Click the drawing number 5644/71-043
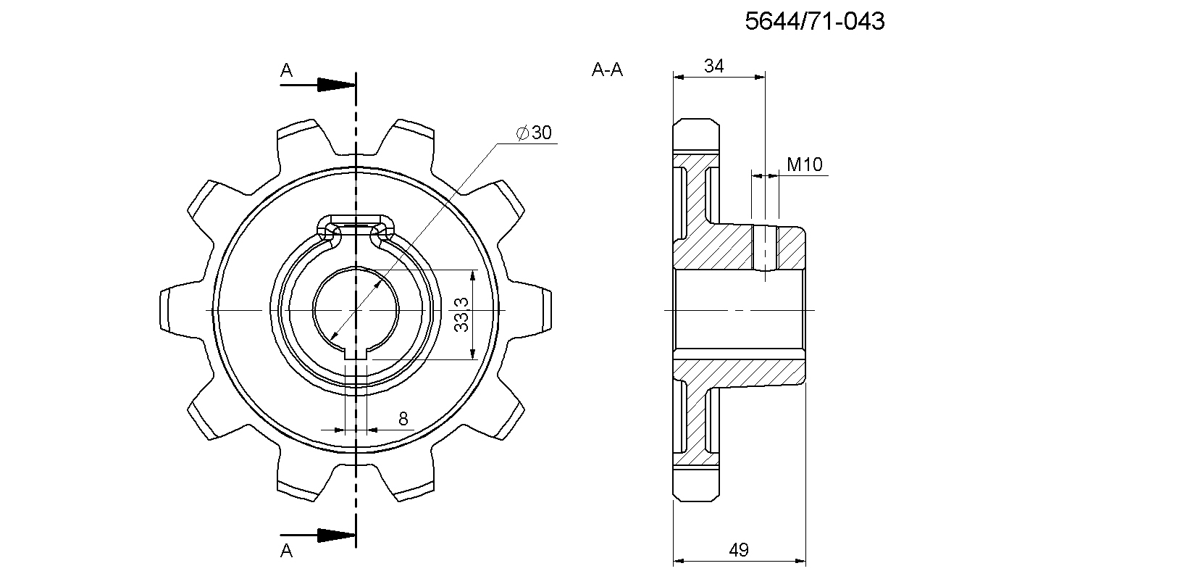click(x=815, y=21)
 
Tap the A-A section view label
click(x=607, y=70)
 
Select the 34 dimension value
click(x=713, y=66)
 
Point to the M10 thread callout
click(x=805, y=164)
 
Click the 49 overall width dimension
click(x=739, y=551)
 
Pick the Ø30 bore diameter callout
click(x=534, y=133)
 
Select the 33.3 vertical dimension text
click(x=461, y=315)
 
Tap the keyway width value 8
click(x=403, y=419)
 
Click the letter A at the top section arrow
click(x=286, y=70)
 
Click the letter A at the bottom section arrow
click(x=286, y=551)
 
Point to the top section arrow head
click(x=336, y=85)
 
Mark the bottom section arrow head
click(x=336, y=535)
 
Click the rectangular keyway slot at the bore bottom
click(x=356, y=354)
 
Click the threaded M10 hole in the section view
click(x=765, y=248)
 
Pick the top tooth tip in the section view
click(x=695, y=136)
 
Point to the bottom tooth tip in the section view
click(x=695, y=484)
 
